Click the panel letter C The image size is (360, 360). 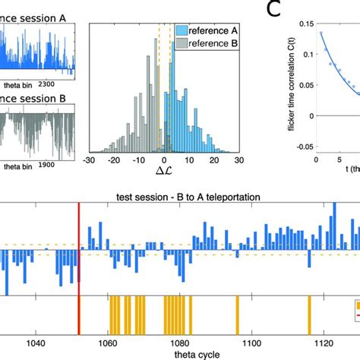pos(274,10)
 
